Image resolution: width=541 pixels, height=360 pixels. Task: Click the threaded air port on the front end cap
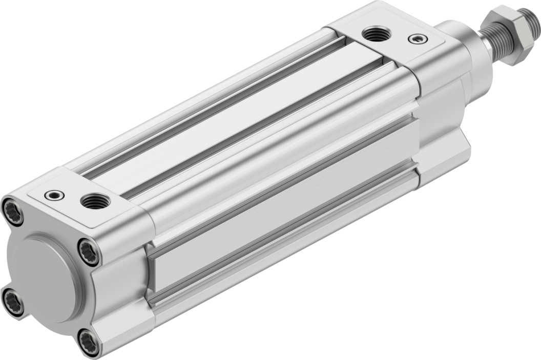click(377, 34)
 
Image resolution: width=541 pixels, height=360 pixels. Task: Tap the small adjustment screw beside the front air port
click(416, 38)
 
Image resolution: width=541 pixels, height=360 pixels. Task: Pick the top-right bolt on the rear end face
click(89, 251)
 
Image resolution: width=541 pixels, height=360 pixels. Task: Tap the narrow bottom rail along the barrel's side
click(287, 256)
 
